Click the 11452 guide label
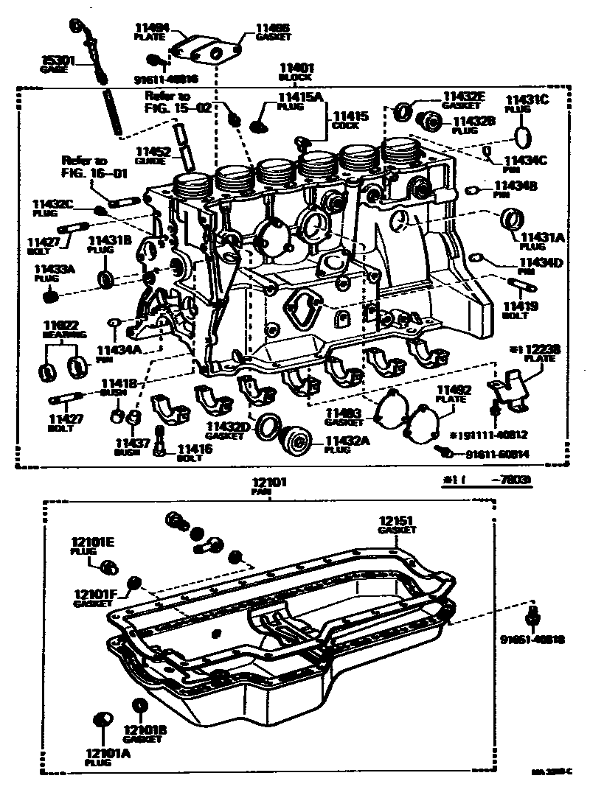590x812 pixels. coord(153,154)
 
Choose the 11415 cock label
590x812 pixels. coord(350,116)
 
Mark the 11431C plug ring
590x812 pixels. coord(523,137)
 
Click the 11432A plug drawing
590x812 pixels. coord(300,444)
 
